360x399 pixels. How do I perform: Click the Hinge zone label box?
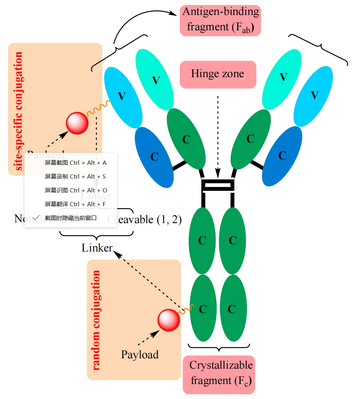click(x=218, y=74)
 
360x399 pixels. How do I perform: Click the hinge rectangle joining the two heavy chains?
click(x=218, y=185)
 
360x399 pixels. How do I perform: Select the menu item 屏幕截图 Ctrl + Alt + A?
click(x=75, y=163)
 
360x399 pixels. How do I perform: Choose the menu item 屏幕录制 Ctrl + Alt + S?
click(x=75, y=177)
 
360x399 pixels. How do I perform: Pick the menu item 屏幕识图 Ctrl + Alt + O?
click(x=75, y=190)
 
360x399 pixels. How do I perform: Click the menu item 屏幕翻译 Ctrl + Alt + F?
click(x=75, y=204)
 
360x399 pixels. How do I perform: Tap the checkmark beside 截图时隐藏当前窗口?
click(x=36, y=218)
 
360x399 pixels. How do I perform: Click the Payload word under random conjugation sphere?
click(x=140, y=354)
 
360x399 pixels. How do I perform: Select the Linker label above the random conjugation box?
click(x=97, y=248)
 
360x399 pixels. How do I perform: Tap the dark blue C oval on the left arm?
click(x=154, y=157)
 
